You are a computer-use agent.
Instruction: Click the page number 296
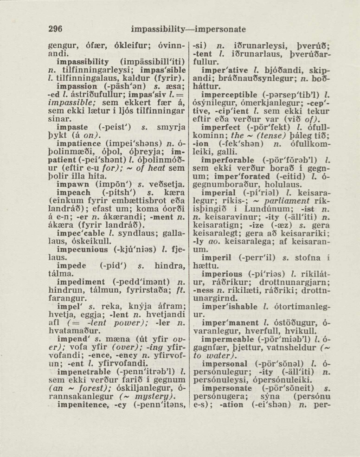coord(56,29)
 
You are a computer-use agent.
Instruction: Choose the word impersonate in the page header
coord(220,29)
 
